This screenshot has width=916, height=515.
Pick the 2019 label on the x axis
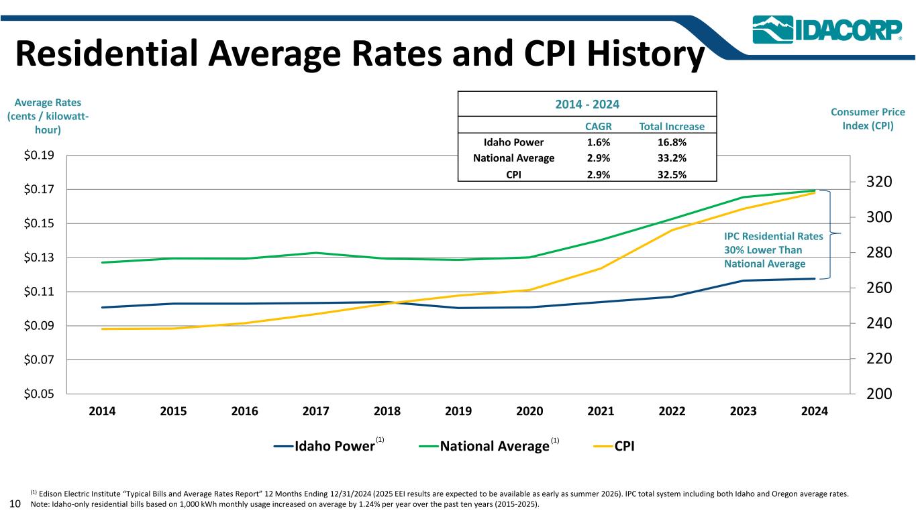tap(458, 412)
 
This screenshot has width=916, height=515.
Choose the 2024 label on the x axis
tap(814, 412)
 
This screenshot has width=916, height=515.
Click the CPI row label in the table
tap(514, 174)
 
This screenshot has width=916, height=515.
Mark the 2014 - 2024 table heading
tap(587, 105)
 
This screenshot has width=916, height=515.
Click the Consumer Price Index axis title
tap(870, 119)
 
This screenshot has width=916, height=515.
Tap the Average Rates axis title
tap(47, 116)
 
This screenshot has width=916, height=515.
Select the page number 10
tap(15, 503)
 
